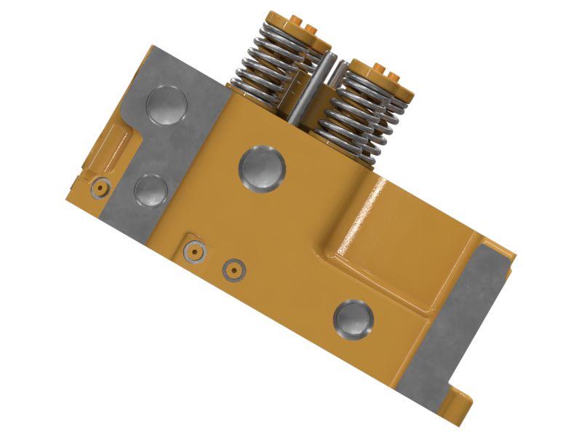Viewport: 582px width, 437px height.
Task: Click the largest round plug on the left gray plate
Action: tap(166, 106)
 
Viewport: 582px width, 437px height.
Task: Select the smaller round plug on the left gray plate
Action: tap(151, 191)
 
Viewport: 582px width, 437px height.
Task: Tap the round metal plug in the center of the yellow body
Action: tap(261, 169)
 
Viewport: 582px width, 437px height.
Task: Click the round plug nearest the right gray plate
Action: tap(354, 320)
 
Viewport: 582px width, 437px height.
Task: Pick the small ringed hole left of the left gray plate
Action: tap(100, 189)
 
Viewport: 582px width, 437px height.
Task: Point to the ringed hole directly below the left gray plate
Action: tap(194, 252)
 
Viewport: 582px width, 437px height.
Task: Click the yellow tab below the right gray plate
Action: tap(461, 404)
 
